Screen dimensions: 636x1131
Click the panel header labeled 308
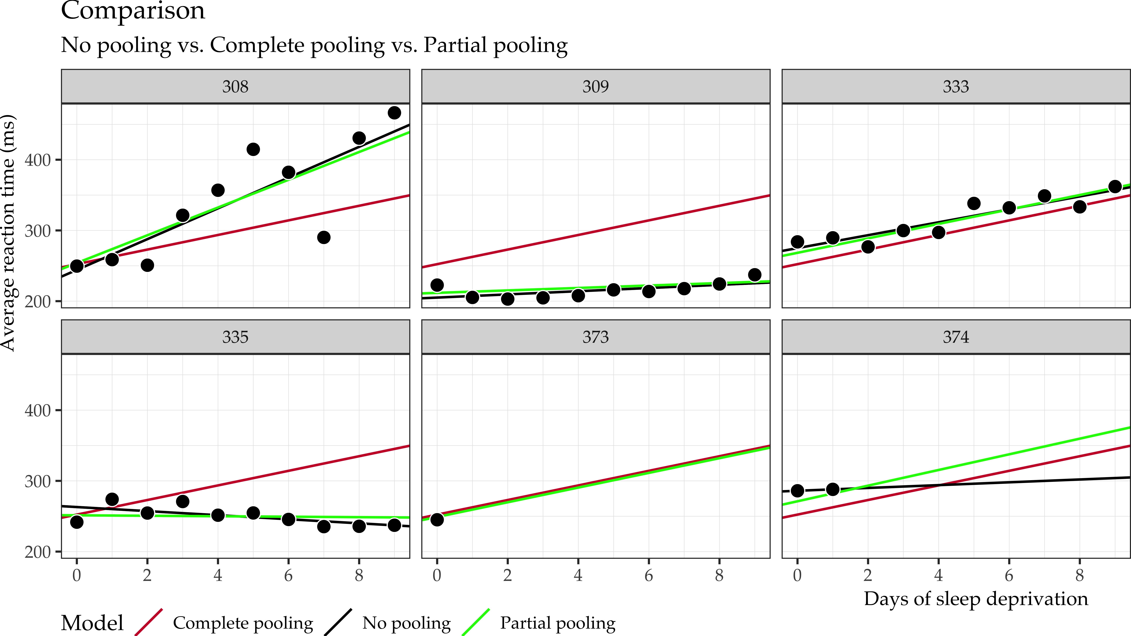[235, 86]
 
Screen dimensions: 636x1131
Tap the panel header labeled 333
[956, 86]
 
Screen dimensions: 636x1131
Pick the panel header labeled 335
[235, 337]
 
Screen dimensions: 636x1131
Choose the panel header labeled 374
[956, 337]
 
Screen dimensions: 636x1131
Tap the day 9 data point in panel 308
[394, 113]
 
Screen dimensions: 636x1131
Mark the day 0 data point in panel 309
[437, 285]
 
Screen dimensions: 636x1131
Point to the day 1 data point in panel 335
[112, 499]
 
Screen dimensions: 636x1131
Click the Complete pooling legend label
[243, 623]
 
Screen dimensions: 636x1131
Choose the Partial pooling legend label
[558, 623]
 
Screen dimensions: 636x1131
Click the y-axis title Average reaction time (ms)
[8, 233]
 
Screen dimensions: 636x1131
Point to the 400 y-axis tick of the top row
[37, 160]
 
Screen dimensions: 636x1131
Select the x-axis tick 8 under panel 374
[1080, 575]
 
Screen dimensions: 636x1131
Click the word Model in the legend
[92, 623]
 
